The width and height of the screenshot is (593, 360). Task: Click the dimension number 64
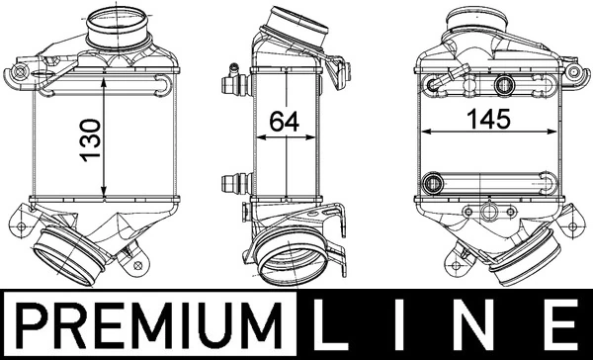(286, 121)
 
